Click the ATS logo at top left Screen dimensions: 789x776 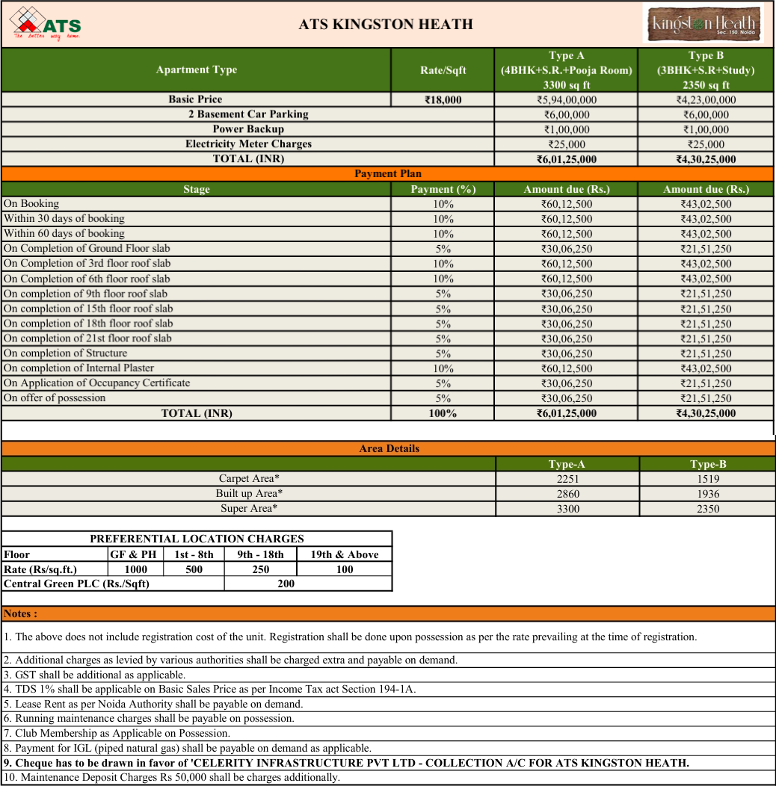(x=46, y=23)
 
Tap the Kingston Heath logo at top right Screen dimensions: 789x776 (x=703, y=24)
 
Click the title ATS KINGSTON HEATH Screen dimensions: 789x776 (x=386, y=25)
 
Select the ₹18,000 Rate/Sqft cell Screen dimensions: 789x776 (x=443, y=100)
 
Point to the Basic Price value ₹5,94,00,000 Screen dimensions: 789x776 (x=566, y=100)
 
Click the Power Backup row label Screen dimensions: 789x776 (x=248, y=129)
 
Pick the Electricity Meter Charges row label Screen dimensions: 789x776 (x=248, y=144)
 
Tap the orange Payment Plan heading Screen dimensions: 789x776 (x=387, y=174)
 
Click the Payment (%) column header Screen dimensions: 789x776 (x=443, y=190)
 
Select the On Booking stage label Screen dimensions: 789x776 (x=31, y=204)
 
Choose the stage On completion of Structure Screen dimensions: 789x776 (x=66, y=353)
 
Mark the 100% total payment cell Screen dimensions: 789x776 (x=443, y=413)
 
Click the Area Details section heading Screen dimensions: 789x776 (x=389, y=449)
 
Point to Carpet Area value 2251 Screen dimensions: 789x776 (x=567, y=479)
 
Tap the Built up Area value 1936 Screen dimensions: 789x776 (x=707, y=494)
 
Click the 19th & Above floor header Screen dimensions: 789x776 (x=345, y=554)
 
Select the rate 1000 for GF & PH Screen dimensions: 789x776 (x=136, y=569)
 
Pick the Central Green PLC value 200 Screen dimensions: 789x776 (x=286, y=584)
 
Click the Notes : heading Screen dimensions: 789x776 (x=21, y=614)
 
